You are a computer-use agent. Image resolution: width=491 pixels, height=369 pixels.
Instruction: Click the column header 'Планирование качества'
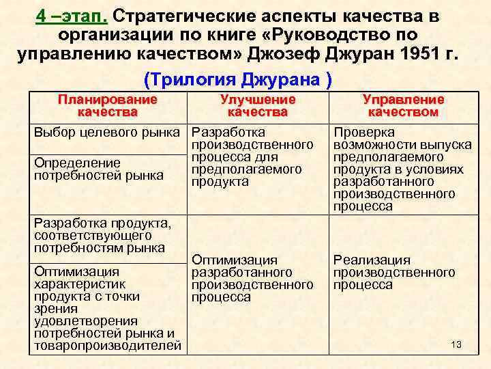pos(107,106)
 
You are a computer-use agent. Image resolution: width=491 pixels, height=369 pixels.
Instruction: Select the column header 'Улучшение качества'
pos(258,106)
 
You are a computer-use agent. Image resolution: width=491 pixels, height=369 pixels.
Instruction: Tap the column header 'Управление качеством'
pos(403,106)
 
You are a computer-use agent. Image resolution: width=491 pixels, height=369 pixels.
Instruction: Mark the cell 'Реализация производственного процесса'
pos(394,273)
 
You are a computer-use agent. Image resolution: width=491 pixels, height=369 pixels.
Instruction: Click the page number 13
pos(456,344)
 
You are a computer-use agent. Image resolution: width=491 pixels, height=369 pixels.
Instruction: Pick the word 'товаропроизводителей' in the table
pos(108,346)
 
